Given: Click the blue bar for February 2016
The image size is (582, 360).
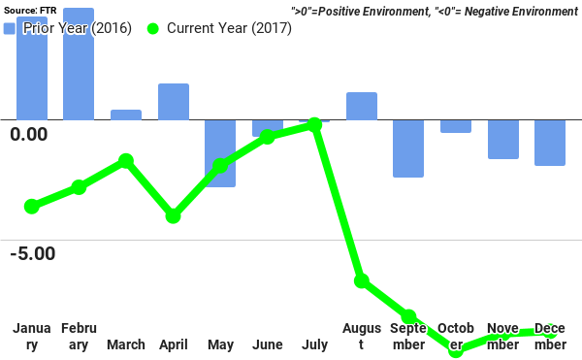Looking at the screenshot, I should click(79, 64).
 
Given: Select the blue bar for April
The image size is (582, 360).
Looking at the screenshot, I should click(173, 102).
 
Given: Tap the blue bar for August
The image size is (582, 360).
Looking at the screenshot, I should click(361, 106).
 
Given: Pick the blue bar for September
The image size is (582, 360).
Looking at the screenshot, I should click(408, 148).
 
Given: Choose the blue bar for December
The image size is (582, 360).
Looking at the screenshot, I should click(550, 143).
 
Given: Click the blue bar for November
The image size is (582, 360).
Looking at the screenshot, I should click(502, 139).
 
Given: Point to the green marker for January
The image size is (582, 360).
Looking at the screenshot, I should click(32, 206).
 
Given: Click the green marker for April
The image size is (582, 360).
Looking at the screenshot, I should click(173, 215).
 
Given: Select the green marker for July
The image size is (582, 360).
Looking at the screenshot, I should click(314, 125).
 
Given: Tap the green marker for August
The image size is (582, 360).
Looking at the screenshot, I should click(362, 280).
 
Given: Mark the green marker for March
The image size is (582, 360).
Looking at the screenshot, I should click(126, 161).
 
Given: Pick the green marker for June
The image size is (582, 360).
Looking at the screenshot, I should click(268, 137).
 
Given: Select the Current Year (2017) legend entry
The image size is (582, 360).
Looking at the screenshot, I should click(219, 28).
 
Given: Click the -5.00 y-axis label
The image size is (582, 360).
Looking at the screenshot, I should click(33, 253).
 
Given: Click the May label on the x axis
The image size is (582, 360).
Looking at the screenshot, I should click(220, 344).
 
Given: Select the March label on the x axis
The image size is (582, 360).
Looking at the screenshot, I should click(126, 344).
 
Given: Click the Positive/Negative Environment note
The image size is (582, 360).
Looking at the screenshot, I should click(434, 12).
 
